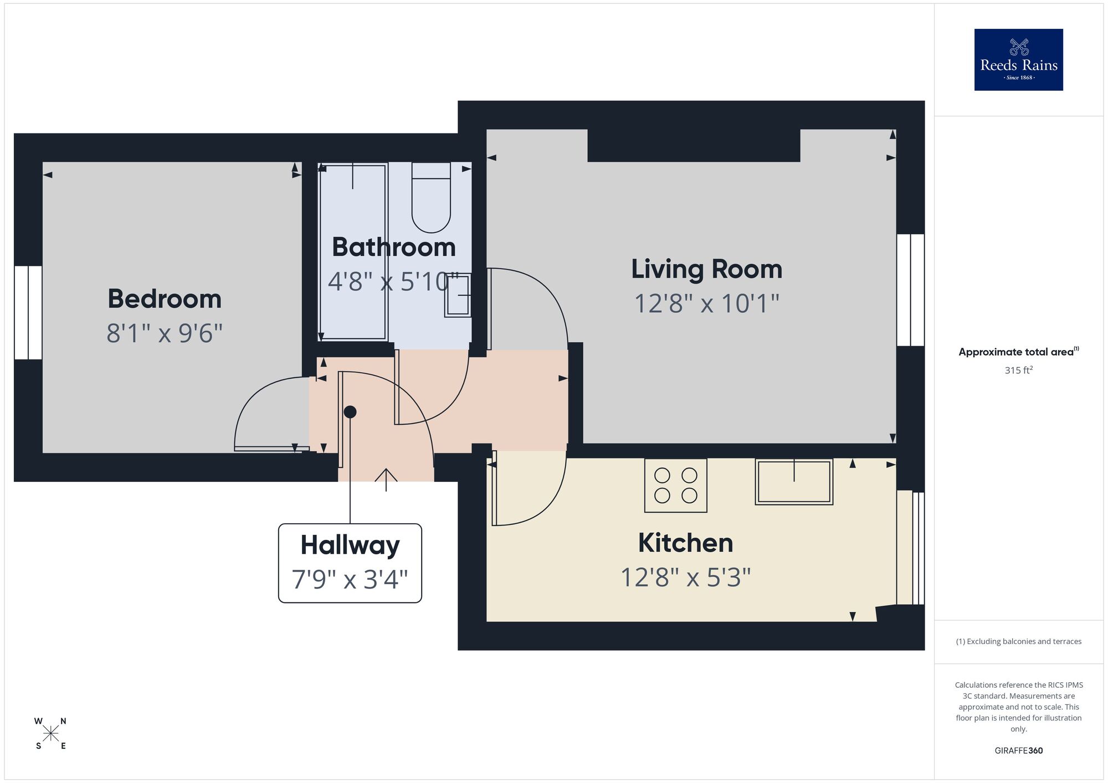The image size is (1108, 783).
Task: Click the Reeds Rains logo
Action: (1018, 60)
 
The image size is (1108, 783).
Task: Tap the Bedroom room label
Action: (165, 299)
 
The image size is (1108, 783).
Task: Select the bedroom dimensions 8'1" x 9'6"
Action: (165, 333)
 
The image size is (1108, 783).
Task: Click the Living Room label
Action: (706, 269)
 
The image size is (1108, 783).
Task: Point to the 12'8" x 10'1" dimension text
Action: (706, 304)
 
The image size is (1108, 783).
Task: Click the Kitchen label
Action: (685, 543)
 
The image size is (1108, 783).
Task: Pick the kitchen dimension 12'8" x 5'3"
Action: (685, 578)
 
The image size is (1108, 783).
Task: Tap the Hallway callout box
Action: (350, 563)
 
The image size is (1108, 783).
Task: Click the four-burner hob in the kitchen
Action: (675, 485)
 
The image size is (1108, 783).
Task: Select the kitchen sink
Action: (794, 482)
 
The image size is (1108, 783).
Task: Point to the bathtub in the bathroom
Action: (353, 252)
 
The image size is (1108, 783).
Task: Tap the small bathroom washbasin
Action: (458, 295)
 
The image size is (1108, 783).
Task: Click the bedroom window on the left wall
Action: (28, 312)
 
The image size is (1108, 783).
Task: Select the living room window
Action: (910, 290)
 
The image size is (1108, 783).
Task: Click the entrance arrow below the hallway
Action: (386, 479)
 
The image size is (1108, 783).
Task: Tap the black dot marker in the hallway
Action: (350, 412)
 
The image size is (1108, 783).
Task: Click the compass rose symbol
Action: (50, 734)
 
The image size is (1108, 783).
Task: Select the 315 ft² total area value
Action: (1018, 370)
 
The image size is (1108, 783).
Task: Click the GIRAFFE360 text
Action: (1018, 751)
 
